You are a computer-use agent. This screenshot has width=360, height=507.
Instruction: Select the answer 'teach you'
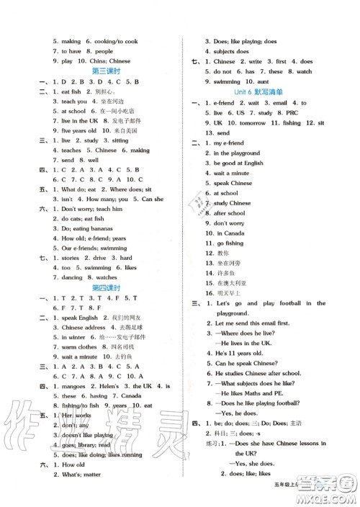point(80,102)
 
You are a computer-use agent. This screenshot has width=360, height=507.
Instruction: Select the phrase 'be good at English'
point(241,163)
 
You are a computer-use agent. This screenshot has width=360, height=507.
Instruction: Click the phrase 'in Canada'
point(230,233)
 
